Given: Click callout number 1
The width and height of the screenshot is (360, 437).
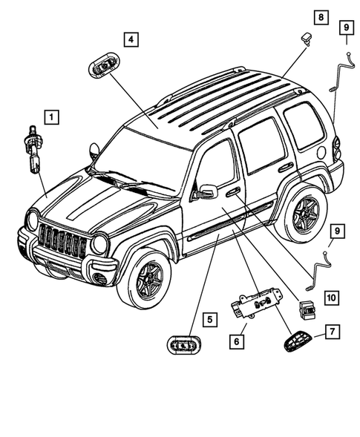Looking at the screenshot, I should click(x=50, y=116).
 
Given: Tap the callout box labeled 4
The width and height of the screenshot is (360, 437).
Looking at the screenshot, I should click(x=129, y=38).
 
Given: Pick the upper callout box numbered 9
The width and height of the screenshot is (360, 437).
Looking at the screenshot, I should click(x=346, y=27).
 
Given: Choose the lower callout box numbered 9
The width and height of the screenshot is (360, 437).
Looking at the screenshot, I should click(x=336, y=232).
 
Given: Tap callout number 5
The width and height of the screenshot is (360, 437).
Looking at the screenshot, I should click(x=212, y=320).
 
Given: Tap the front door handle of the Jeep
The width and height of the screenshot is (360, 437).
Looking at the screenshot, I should click(x=232, y=192).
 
